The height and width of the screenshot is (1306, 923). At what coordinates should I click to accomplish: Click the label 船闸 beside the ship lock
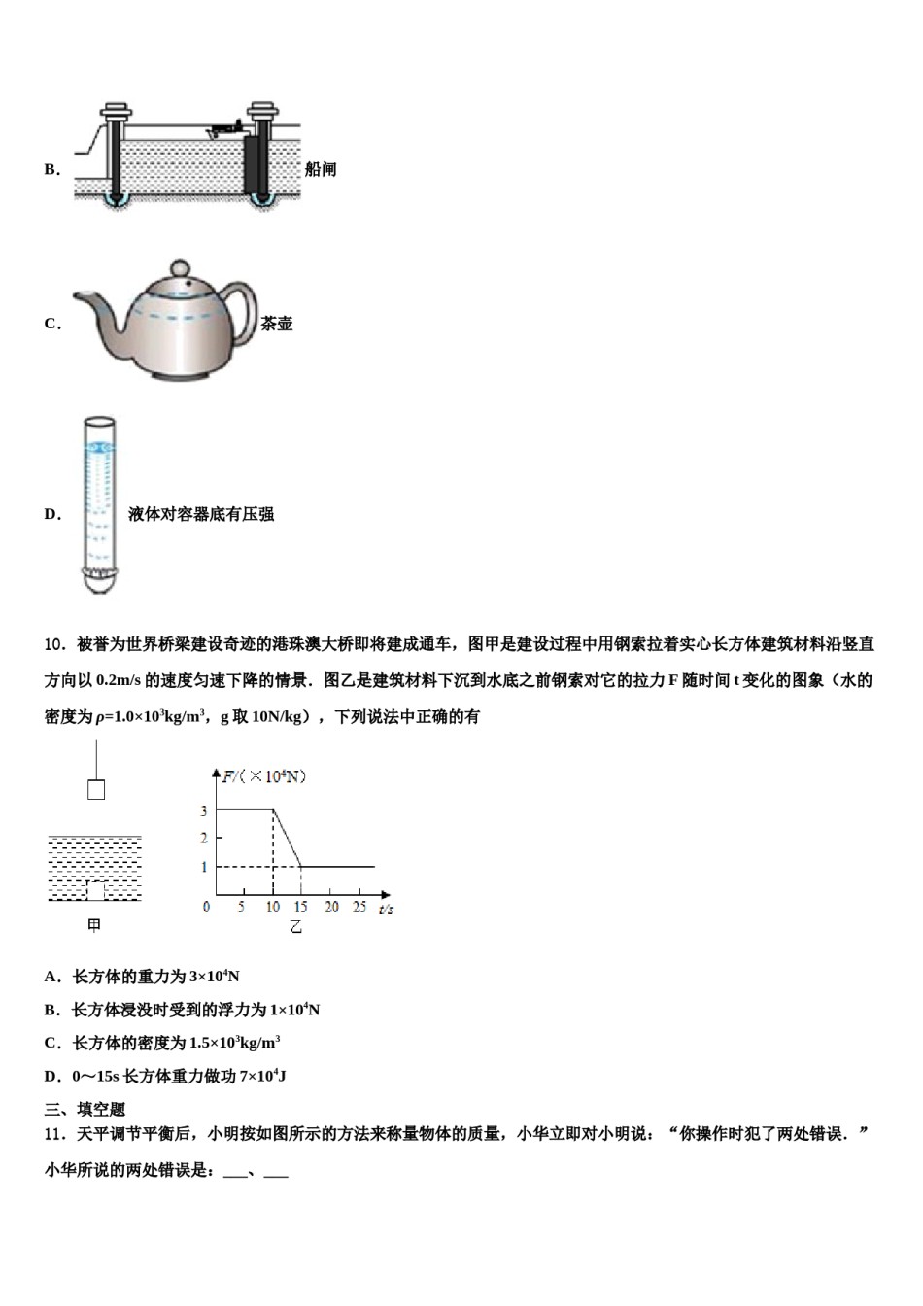click(x=321, y=169)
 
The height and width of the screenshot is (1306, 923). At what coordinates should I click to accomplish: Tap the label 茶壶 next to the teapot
click(x=277, y=324)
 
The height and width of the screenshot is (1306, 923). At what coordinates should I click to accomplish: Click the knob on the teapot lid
click(x=180, y=268)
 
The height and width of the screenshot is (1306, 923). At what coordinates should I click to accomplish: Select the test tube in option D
click(x=98, y=505)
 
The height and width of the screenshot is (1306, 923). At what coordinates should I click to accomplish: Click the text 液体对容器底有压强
click(x=201, y=514)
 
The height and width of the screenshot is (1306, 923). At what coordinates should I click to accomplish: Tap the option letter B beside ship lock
click(x=51, y=170)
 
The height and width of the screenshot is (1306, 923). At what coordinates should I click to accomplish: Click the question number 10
click(x=55, y=644)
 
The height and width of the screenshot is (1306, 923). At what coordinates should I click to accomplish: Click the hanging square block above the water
click(x=96, y=789)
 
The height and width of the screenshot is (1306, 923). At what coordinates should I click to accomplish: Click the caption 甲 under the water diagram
click(x=94, y=926)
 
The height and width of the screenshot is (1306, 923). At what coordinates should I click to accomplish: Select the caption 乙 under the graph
click(x=295, y=927)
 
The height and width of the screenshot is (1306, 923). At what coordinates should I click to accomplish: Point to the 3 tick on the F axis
click(x=204, y=810)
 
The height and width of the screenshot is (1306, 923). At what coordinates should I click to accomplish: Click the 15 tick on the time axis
click(x=300, y=907)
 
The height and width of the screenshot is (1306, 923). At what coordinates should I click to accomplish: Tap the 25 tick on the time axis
click(x=359, y=907)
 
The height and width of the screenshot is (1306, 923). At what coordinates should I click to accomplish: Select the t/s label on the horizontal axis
click(x=386, y=909)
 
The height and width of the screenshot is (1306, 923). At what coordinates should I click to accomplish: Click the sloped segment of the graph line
click(x=287, y=838)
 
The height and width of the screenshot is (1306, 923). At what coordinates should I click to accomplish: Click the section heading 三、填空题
click(x=85, y=1109)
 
